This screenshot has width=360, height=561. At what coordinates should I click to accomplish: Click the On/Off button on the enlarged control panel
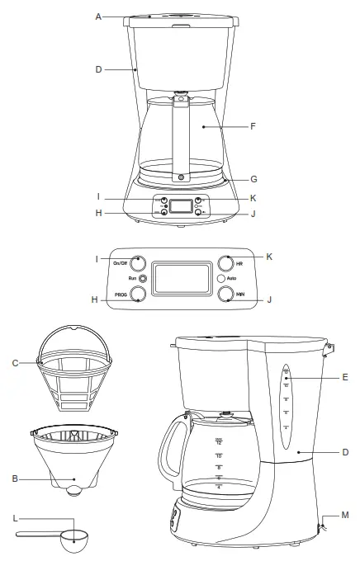click(138, 264)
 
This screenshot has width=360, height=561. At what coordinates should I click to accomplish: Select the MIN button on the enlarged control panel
click(227, 295)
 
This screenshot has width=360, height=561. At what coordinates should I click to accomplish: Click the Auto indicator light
click(220, 279)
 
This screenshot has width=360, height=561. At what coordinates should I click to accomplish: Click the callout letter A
click(99, 15)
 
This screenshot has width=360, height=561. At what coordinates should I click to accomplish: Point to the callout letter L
click(16, 520)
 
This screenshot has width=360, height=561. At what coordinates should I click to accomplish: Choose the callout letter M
click(344, 515)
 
